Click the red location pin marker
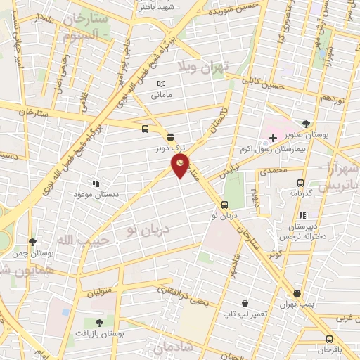click(x=181, y=166)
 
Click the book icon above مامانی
click(x=162, y=84)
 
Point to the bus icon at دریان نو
click(x=224, y=205)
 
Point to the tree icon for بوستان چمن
click(x=32, y=241)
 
